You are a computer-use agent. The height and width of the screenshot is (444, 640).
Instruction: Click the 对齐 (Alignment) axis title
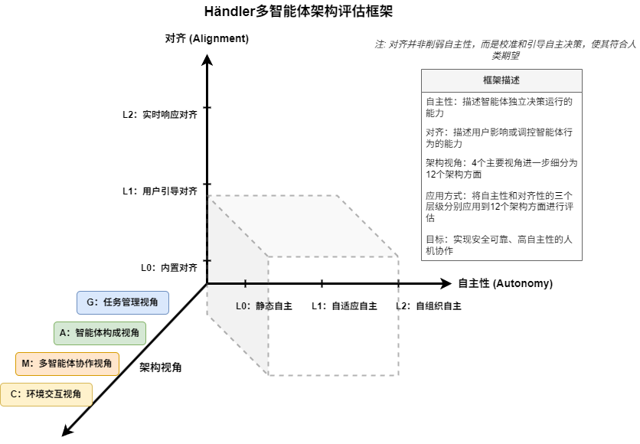pos(207,38)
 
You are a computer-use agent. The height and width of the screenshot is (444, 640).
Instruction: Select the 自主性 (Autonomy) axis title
pos(504,283)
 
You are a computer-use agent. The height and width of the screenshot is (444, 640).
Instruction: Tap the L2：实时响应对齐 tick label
pos(159,115)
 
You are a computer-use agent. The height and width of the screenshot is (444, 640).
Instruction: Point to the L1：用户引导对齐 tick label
pos(159,191)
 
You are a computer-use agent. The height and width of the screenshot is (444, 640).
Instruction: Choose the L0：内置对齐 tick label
pos(168,268)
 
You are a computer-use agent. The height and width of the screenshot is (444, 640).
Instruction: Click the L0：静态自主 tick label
pos(263,306)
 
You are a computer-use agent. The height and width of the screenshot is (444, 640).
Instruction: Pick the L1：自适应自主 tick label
pos(344,306)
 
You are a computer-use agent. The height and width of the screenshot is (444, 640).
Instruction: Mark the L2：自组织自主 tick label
pos(428,306)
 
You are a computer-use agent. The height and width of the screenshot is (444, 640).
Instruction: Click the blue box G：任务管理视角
pos(122,302)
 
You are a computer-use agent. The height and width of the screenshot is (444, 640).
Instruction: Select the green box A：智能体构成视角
pos(100,333)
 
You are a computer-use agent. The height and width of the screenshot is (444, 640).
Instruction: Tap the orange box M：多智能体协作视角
pos(68,364)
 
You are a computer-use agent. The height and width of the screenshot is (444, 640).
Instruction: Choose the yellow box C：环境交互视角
pos(47,394)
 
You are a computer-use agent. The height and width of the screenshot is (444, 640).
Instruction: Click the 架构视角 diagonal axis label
pos(161,367)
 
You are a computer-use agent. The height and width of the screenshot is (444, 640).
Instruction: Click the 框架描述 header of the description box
pos(501,80)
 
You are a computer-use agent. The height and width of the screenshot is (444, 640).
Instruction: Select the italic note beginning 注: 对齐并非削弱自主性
pos(505,49)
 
